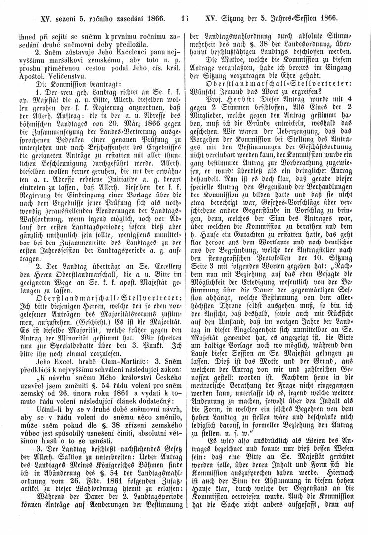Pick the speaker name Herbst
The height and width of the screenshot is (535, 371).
pos(230,99)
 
